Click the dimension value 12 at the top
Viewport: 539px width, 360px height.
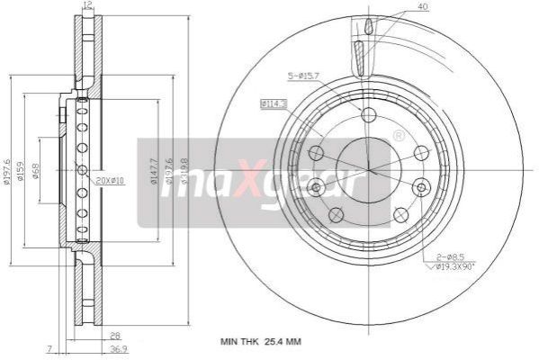(x=87, y=6)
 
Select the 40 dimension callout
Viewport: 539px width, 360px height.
(x=422, y=7)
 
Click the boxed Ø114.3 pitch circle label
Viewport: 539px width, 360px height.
(x=273, y=104)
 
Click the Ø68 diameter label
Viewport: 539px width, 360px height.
(x=34, y=171)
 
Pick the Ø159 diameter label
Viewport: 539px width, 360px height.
(x=21, y=171)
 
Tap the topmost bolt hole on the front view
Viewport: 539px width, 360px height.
(x=368, y=114)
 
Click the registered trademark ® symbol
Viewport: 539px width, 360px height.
(x=399, y=136)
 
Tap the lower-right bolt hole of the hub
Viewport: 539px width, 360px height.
(x=401, y=214)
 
